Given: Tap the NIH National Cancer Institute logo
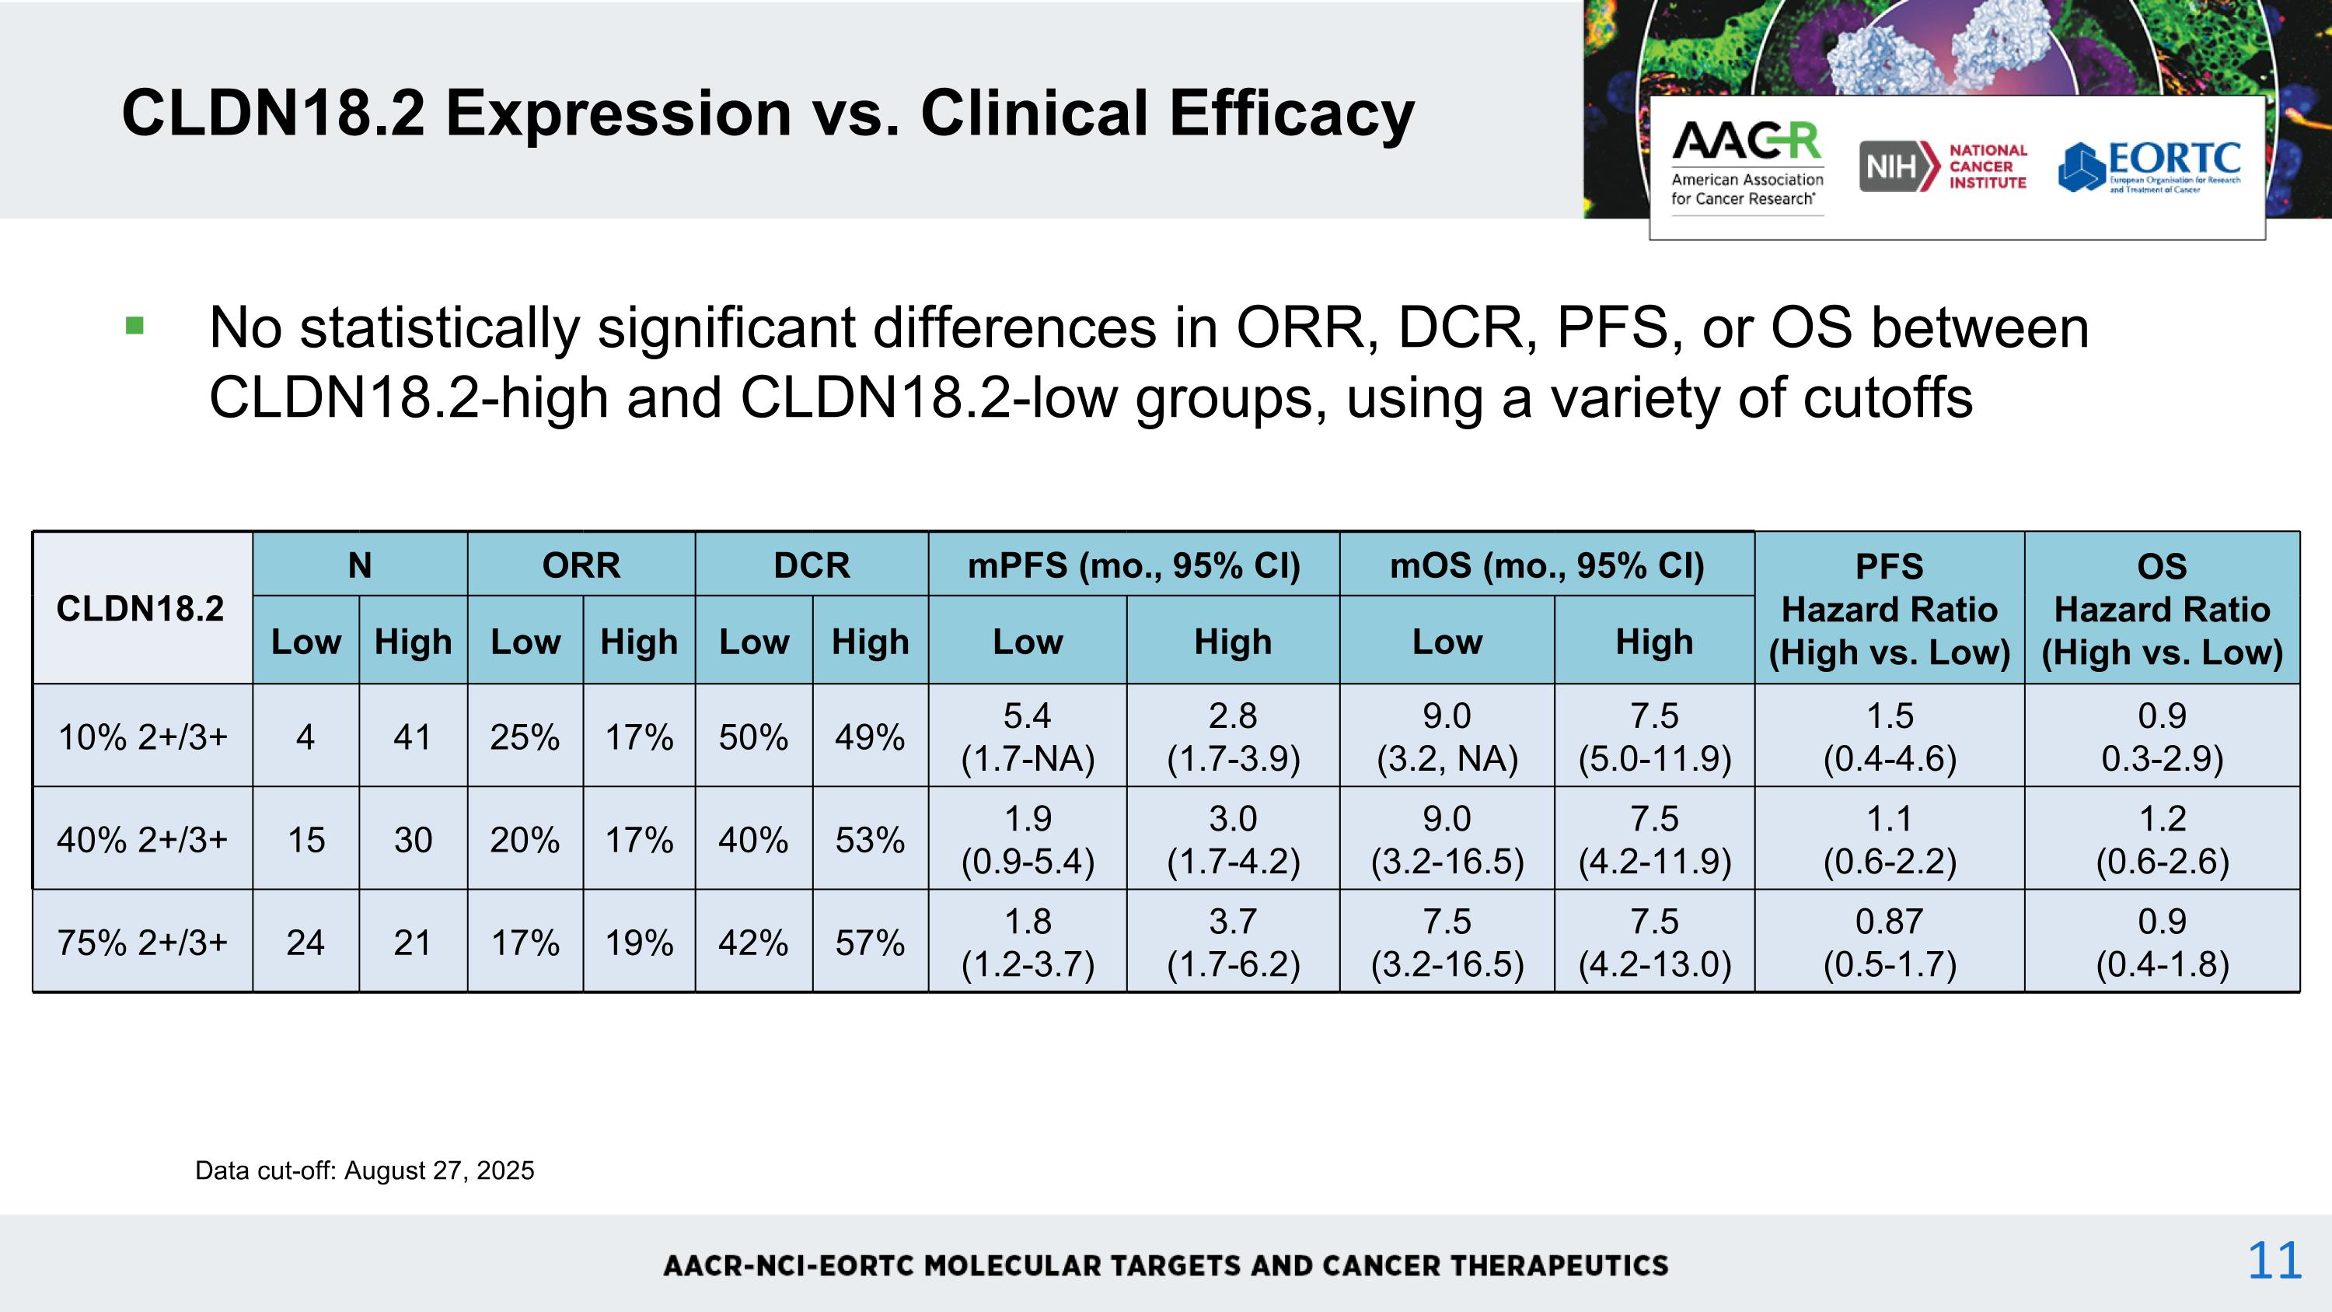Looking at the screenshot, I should (1943, 166).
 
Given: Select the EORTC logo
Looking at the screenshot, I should (2149, 166).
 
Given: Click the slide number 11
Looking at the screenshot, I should (2274, 1261).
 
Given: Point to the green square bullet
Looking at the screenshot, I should (135, 325).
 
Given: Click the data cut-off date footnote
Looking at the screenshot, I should (365, 1170).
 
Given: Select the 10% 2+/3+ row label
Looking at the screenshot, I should (142, 737).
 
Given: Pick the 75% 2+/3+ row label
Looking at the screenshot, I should (142, 943).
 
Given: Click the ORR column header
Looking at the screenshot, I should (581, 565).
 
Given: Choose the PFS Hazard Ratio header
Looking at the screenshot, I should (1890, 608).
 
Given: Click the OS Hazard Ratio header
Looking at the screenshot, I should (2162, 608).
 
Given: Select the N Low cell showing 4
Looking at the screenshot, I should (306, 737).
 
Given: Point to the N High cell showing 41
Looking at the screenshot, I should (413, 737).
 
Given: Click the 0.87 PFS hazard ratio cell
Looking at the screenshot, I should (1890, 942).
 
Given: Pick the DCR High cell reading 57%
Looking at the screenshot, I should (870, 943).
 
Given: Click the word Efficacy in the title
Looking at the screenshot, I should (1291, 115).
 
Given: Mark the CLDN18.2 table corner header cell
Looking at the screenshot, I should (141, 608).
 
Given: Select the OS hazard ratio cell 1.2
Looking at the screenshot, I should (2162, 839).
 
